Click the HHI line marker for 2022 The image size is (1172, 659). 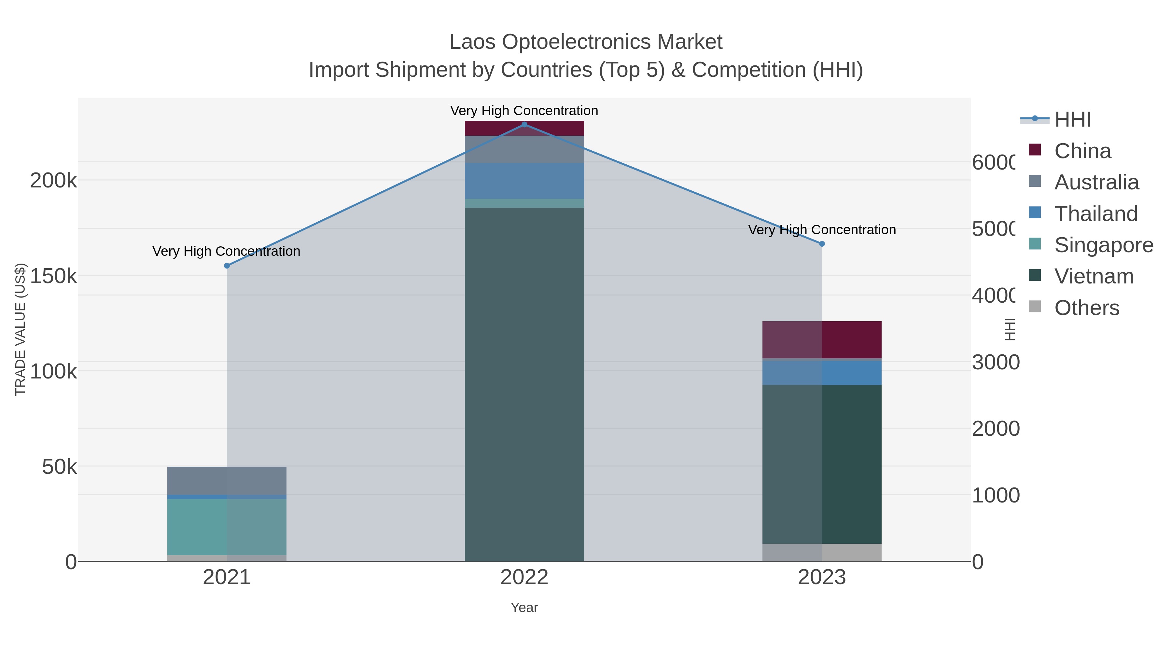click(524, 125)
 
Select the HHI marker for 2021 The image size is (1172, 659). click(227, 266)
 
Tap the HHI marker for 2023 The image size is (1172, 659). click(822, 244)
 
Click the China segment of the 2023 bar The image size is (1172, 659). click(822, 340)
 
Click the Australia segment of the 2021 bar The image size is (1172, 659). click(227, 480)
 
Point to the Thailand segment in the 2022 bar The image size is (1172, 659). click(524, 181)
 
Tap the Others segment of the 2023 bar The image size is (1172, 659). click(822, 552)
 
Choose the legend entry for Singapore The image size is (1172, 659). click(1103, 245)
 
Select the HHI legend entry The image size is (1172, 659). click(1072, 120)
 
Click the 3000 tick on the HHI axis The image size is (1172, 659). click(996, 363)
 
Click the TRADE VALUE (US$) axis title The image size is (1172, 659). click(21, 329)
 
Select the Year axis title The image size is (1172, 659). click(524, 608)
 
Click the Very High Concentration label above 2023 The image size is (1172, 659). click(822, 230)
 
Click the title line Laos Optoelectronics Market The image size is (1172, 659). click(586, 42)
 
